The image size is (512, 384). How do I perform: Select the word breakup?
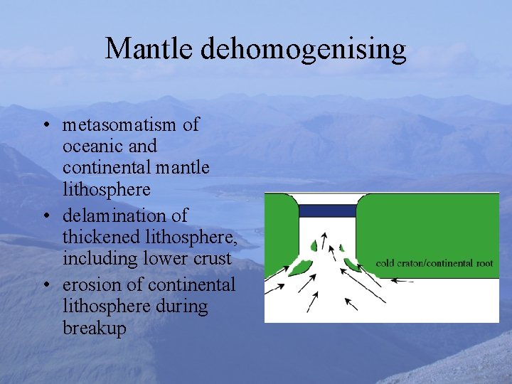95,329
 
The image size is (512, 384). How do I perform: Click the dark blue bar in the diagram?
327,210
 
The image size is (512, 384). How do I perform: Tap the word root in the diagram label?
484,263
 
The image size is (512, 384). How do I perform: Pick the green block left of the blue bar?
281,228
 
